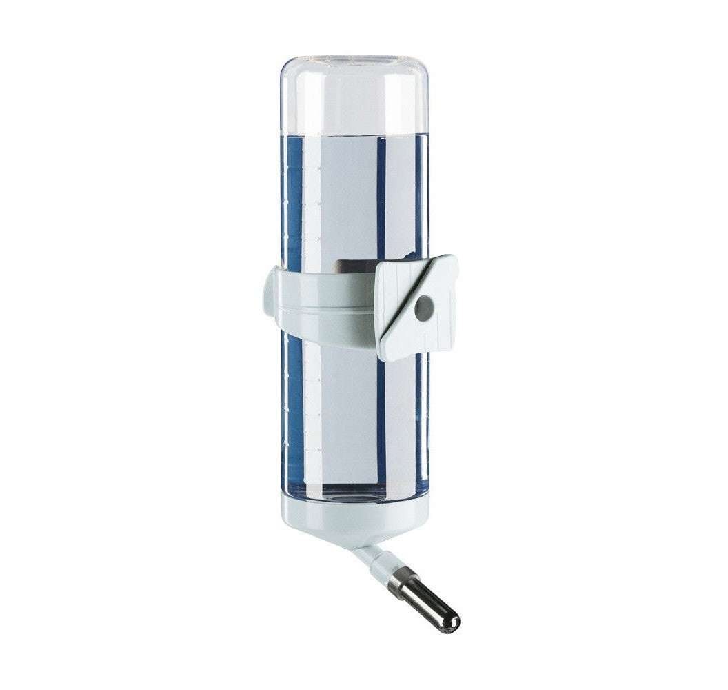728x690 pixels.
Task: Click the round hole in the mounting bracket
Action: (422, 308)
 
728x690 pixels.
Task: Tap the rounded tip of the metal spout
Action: (451, 624)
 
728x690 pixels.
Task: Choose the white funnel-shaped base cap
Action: (355, 517)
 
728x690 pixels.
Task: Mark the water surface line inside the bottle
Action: (354, 134)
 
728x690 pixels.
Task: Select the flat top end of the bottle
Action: (354, 60)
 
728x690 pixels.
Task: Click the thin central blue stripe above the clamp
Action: (381, 200)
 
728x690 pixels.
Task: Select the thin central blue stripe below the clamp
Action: (381, 421)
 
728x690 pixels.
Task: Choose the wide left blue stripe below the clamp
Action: (294, 414)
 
